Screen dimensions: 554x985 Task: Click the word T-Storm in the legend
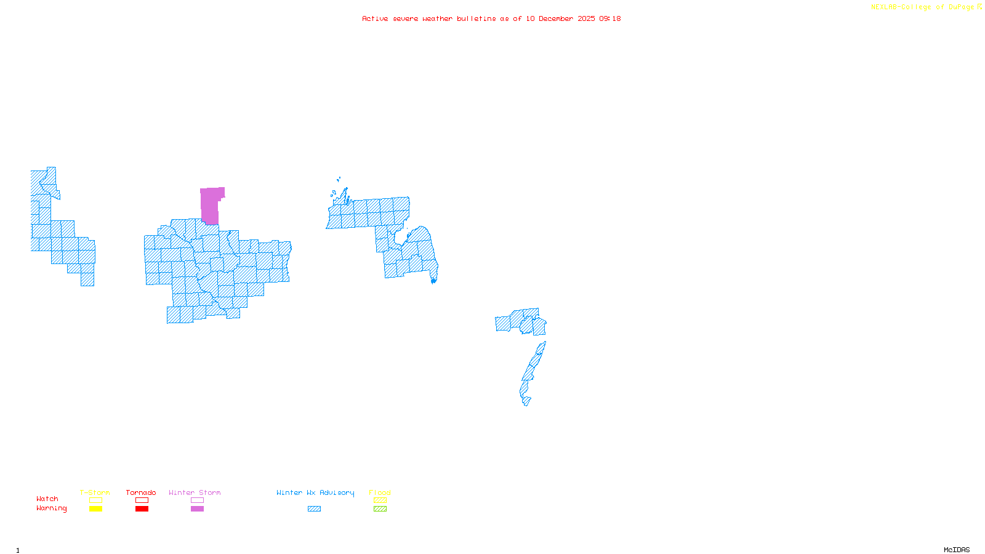click(95, 492)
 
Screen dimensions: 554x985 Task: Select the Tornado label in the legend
click(141, 492)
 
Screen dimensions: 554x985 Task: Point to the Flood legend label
click(380, 492)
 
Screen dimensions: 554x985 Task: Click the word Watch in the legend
click(47, 499)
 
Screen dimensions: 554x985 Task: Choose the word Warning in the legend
click(52, 508)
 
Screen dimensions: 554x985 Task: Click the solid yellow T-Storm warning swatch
click(95, 509)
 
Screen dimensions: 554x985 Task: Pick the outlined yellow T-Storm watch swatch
click(95, 500)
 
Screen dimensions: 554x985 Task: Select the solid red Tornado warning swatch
click(142, 509)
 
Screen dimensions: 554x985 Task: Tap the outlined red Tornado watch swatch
click(142, 500)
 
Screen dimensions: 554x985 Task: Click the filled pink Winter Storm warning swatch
click(197, 509)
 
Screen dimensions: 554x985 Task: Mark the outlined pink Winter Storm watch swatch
click(197, 500)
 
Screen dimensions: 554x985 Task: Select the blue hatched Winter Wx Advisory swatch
click(314, 509)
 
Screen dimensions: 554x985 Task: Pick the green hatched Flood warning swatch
click(380, 509)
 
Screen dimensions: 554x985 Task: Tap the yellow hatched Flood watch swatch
click(380, 500)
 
